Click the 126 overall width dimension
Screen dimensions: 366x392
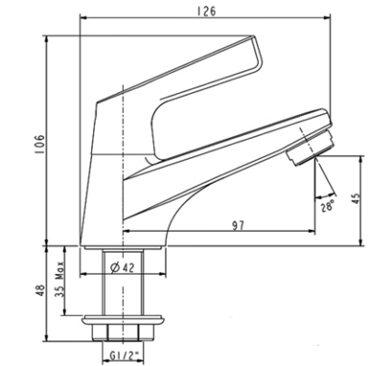tap(209, 11)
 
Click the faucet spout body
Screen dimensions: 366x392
tap(228, 155)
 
